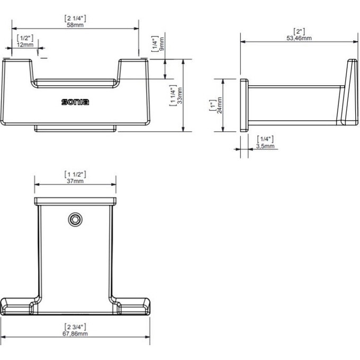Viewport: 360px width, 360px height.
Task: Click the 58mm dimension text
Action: point(75,24)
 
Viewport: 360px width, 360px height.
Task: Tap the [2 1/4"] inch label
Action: point(75,17)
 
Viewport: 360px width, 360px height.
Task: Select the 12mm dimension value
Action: point(25,45)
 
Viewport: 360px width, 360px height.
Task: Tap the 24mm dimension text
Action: point(219,106)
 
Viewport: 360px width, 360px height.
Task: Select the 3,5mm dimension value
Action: point(264,145)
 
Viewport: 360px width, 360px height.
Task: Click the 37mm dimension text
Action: point(75,181)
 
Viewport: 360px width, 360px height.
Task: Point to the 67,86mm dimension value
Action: point(75,333)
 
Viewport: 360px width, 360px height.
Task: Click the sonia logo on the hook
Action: point(75,102)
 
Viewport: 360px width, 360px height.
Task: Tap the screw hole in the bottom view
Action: point(76,220)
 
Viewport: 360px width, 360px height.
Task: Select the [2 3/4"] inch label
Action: point(75,326)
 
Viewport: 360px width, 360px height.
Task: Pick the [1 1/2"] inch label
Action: point(75,174)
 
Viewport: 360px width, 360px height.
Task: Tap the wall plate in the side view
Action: point(244,105)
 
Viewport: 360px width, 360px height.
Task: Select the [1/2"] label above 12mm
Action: point(25,38)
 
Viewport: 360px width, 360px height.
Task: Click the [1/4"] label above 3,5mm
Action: point(264,138)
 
